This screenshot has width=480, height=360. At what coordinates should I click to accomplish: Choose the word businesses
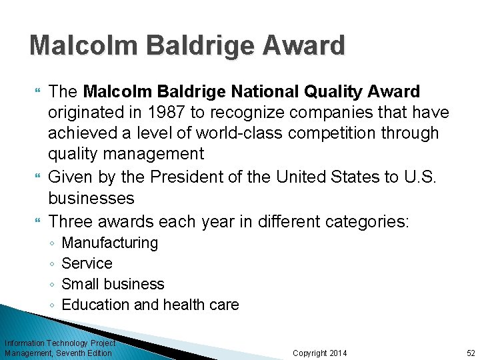(x=91, y=198)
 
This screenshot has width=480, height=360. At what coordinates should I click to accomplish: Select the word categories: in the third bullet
(x=372, y=221)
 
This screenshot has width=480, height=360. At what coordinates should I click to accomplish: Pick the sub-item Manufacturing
(x=109, y=243)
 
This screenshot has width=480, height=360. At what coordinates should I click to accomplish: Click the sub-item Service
(x=87, y=263)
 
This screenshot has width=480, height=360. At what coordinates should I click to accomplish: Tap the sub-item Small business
(x=113, y=284)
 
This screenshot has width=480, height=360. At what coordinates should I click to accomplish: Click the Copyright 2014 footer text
(x=320, y=353)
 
